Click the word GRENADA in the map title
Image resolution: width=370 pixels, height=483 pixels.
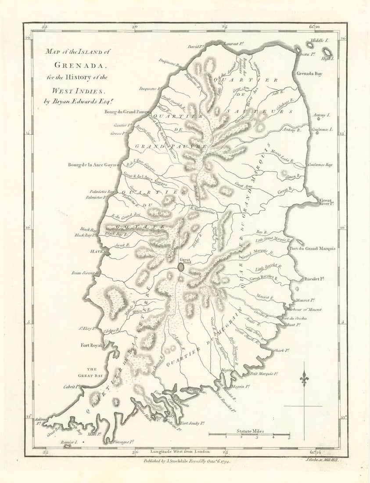click(80, 65)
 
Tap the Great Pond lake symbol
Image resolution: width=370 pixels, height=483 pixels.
click(181, 267)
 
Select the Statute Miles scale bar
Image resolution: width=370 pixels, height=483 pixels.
click(249, 434)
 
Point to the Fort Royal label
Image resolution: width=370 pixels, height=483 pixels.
click(91, 345)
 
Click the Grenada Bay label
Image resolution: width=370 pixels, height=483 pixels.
click(309, 73)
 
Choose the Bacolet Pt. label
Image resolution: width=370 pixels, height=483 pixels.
click(314, 279)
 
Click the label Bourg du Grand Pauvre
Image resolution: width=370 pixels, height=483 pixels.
click(124, 112)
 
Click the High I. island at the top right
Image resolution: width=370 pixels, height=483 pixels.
click(327, 53)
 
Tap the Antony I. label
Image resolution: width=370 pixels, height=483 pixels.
click(321, 115)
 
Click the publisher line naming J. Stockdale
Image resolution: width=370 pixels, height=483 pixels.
click(187, 461)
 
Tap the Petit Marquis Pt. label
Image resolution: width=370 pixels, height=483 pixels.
click(265, 374)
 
